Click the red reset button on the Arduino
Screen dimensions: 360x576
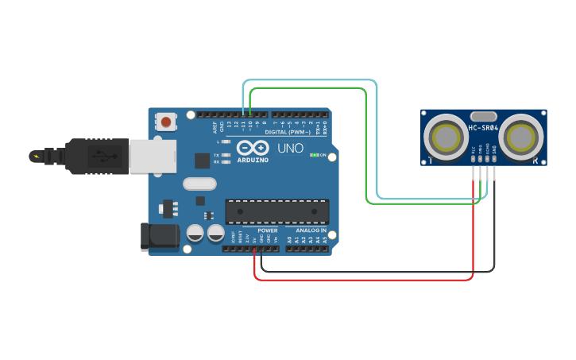[165, 122]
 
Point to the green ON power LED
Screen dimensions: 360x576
[315, 155]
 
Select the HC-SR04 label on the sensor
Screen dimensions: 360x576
[483, 128]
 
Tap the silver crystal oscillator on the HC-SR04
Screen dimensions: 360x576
[483, 116]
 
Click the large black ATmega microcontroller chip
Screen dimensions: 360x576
[276, 211]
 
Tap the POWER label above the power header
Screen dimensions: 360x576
[267, 230]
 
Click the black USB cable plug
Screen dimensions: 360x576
[95, 155]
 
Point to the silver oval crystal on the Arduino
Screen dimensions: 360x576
[199, 184]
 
